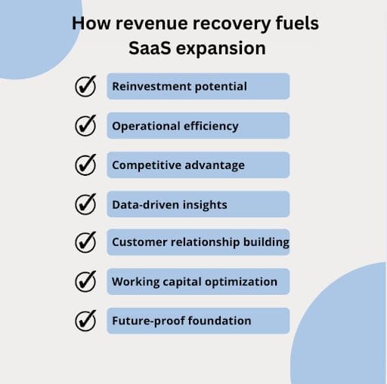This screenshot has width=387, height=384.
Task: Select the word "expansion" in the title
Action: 221,49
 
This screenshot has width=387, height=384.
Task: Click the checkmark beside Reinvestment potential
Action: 85,86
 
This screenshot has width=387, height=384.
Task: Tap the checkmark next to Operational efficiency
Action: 85,125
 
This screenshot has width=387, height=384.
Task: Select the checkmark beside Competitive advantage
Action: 85,164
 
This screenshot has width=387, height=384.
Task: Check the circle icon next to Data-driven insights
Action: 85,204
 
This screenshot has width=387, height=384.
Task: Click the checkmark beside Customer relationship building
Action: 85,242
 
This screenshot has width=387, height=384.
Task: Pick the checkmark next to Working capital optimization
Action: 85,281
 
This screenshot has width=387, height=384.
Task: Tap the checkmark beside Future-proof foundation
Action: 85,321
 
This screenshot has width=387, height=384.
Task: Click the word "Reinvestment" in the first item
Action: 152,86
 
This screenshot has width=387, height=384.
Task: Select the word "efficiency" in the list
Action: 211,126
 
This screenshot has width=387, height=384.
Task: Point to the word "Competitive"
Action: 147,165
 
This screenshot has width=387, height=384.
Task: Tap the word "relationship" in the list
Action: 205,242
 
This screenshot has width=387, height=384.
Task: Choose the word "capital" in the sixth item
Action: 182,282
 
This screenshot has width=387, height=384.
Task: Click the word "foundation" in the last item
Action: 219,321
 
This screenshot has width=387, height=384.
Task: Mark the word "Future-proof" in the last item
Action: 148,321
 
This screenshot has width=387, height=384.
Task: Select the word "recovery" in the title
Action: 231,24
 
